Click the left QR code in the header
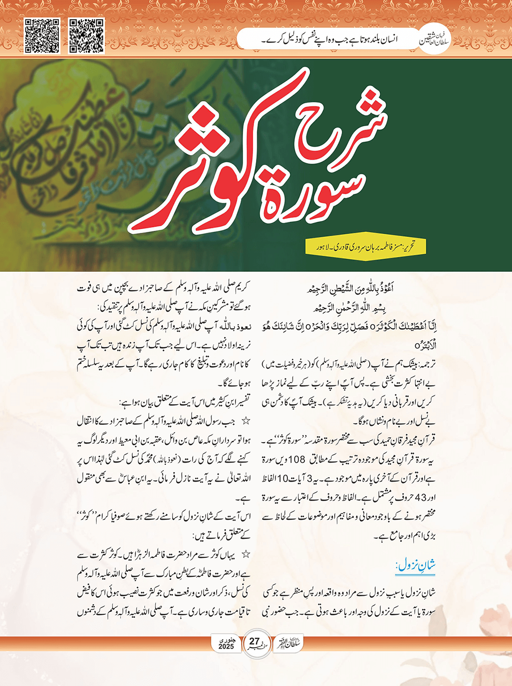click(x=42, y=36)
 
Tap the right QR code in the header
click(x=86, y=36)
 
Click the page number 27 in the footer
click(x=255, y=642)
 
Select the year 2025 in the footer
click(x=226, y=647)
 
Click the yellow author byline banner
click(x=367, y=246)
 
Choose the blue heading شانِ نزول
click(x=416, y=565)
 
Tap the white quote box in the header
click(x=329, y=39)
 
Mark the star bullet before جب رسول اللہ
click(x=246, y=422)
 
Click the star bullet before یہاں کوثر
click(x=246, y=554)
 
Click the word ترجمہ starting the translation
click(x=426, y=364)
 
